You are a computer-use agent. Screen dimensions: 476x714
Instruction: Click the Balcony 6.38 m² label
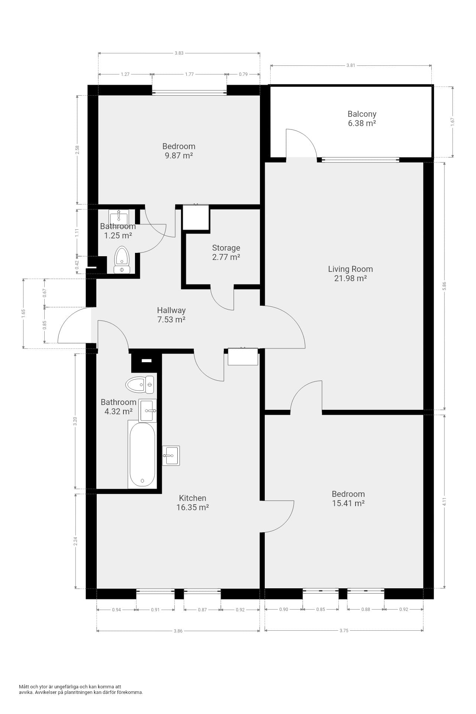[362, 119]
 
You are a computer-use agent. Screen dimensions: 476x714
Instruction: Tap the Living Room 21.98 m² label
[350, 274]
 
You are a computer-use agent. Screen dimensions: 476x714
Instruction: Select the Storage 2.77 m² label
[226, 252]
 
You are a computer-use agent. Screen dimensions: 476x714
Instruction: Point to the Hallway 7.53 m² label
[171, 315]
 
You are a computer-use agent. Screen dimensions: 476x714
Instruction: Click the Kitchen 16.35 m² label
[192, 503]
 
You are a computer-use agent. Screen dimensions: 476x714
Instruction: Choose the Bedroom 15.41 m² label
[348, 499]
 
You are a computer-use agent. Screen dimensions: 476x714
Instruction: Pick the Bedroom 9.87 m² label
[179, 151]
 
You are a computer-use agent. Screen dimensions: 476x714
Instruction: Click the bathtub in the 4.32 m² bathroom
[142, 454]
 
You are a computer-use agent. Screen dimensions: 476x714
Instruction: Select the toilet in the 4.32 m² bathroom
[140, 385]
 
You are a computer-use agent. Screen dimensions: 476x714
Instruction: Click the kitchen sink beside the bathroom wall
[171, 456]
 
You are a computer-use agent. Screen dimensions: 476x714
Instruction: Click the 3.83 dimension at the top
[179, 53]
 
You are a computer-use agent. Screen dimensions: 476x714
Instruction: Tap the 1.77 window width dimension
[189, 74]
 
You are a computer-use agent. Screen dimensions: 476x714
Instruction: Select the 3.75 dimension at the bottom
[344, 631]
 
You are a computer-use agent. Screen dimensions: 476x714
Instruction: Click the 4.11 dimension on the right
[444, 502]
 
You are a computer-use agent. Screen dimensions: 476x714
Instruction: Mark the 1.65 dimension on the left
[23, 313]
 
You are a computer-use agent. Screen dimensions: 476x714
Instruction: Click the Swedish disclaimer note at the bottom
[81, 689]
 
